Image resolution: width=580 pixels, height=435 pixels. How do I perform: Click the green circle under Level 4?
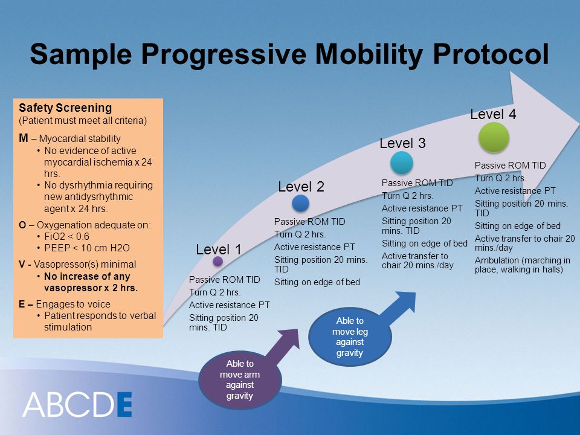[494, 137]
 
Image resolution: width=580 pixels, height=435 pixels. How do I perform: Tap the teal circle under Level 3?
[402, 163]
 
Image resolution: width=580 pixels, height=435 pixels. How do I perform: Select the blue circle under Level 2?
[300, 203]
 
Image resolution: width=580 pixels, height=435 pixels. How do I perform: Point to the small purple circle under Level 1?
[218, 261]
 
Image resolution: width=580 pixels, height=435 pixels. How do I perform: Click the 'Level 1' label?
[219, 250]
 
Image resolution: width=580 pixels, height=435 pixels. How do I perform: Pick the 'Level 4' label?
[493, 114]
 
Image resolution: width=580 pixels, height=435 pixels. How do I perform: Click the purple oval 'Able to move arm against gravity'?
[240, 379]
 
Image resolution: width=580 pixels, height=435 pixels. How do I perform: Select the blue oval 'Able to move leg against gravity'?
[350, 337]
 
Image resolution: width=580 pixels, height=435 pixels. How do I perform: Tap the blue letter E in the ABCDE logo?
[124, 404]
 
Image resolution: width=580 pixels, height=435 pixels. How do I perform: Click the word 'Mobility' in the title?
[369, 54]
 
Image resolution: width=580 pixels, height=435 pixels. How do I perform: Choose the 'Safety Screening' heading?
[65, 108]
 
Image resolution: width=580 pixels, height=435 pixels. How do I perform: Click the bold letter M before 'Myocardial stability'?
[24, 138]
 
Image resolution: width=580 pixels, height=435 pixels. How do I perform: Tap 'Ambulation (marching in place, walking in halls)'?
[522, 265]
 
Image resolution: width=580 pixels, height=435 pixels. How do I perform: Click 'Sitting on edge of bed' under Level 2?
[317, 282]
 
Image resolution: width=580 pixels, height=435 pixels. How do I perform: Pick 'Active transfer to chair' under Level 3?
[417, 260]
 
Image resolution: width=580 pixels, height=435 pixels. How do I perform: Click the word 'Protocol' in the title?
[491, 54]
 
